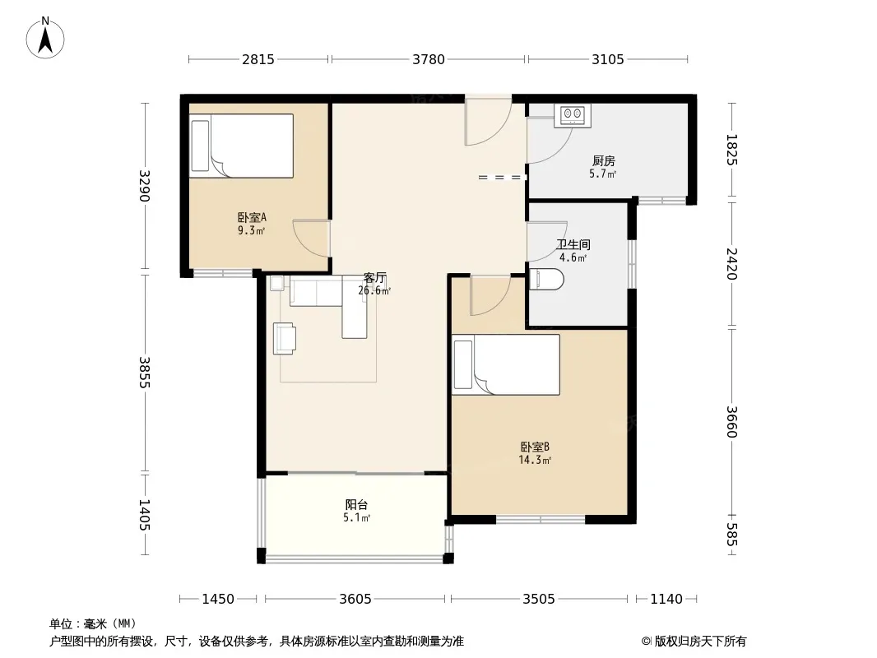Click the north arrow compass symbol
pos(45,38)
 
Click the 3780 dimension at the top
pos(429,59)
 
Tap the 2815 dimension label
pos(258,59)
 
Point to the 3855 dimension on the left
pos(145,373)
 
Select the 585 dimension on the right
pos(732,535)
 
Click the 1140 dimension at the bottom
pos(666,600)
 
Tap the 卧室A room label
pos(252,217)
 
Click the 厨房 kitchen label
pos(604,161)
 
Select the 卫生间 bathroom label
pos(573,244)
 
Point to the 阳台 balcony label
pos(356,505)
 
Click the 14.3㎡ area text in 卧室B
pos(535,460)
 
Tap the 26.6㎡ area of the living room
pos(374,290)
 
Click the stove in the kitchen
pos(572,116)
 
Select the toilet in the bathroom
pos(546,280)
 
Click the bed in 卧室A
pos(241,146)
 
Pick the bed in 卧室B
pos(506,364)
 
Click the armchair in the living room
pos(285,338)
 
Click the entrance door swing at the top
pos(489,121)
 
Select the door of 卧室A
pos(312,239)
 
